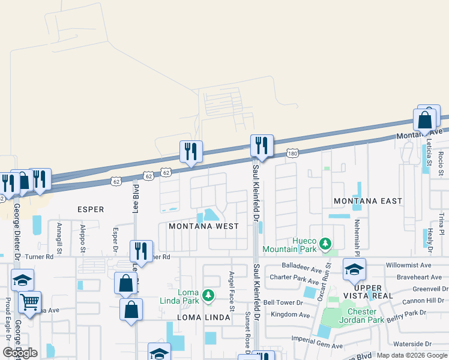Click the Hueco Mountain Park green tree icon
tap(325, 244)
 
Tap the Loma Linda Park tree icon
tap(208, 295)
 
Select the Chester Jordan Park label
tap(362, 316)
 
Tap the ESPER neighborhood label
tap(91, 209)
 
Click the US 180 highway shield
tap(292, 154)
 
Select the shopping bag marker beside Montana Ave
tap(426, 121)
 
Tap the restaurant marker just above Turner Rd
tap(141, 250)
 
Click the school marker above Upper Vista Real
tap(354, 269)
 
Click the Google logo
tap(20, 353)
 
